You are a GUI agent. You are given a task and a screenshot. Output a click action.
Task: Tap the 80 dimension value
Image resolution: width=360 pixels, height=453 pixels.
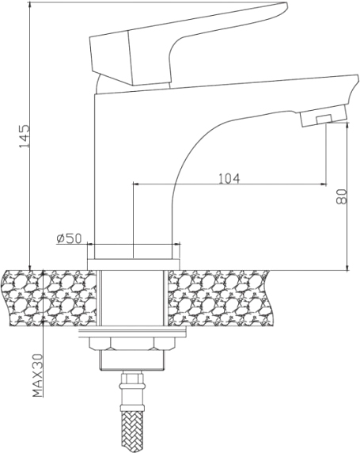(342, 196)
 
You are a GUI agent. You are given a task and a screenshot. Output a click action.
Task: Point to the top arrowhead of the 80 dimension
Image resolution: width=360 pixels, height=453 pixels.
(347, 128)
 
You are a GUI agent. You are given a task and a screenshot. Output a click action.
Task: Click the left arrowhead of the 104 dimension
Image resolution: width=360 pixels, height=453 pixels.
(136, 184)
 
